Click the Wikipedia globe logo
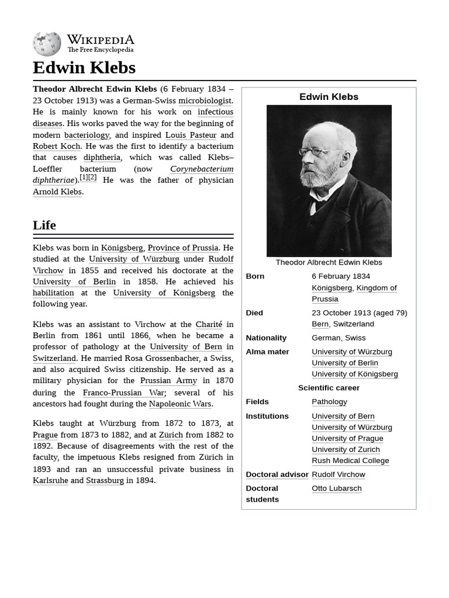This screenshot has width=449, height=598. click(47, 44)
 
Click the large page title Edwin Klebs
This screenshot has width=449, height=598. click(84, 68)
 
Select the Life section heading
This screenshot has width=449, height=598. click(44, 225)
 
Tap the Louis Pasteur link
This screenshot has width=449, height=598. click(191, 135)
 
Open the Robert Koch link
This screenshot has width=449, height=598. click(57, 146)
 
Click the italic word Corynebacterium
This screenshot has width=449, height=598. click(202, 169)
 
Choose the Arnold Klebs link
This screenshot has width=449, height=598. click(57, 192)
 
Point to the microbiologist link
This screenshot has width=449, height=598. click(205, 100)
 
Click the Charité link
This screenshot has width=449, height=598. click(209, 324)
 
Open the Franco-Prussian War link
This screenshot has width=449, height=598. click(123, 392)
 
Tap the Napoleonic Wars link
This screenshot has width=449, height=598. click(180, 404)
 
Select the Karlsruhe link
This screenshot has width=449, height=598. click(50, 480)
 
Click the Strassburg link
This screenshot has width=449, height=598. click(105, 480)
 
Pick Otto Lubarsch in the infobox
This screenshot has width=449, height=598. click(337, 488)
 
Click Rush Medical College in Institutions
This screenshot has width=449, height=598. click(350, 460)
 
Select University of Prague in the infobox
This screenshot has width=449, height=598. click(347, 438)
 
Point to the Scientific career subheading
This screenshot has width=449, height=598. click(329, 388)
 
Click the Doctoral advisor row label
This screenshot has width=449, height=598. click(277, 474)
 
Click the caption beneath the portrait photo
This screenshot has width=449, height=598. click(329, 262)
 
